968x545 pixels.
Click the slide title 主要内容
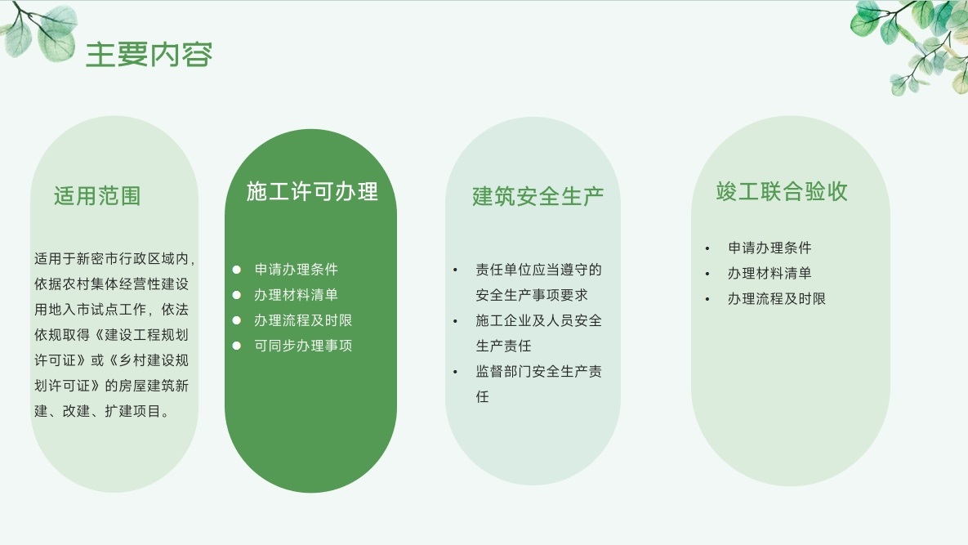[149, 54]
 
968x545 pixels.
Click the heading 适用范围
[97, 195]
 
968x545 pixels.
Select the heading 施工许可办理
[312, 191]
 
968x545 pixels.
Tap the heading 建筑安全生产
[538, 196]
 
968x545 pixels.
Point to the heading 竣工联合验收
[782, 191]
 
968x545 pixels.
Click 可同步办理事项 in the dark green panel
[303, 346]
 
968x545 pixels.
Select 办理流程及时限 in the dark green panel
[303, 320]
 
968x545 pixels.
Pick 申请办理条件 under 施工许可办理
[297, 269]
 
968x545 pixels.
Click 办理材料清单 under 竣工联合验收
[769, 273]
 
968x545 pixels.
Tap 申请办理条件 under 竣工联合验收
[769, 248]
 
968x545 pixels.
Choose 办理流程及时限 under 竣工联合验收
[777, 299]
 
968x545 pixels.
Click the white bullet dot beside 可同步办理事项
[236, 346]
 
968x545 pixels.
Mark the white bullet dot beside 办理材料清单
[236, 295]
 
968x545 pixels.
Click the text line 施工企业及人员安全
[538, 320]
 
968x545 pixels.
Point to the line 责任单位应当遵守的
[538, 270]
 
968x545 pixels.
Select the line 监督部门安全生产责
[538, 371]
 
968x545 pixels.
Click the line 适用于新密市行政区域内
[114, 259]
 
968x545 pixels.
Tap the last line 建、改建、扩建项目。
[102, 411]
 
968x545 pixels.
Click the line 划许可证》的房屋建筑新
[111, 386]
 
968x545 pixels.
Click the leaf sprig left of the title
[40, 32]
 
